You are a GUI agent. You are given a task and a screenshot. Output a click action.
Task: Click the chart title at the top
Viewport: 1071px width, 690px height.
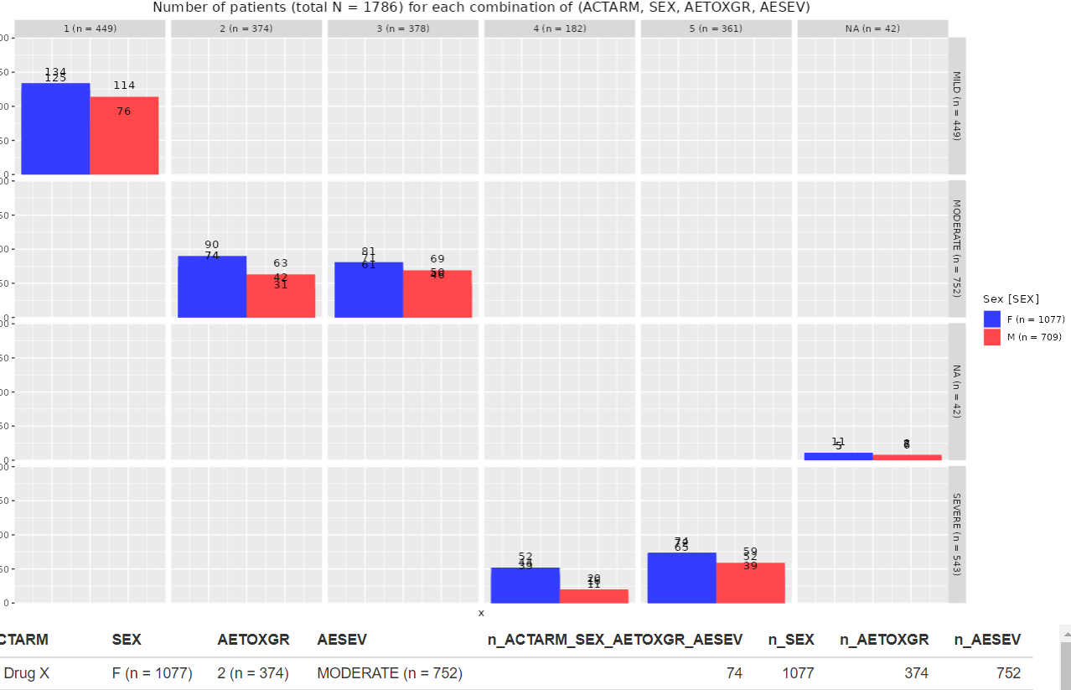pyautogui.click(x=481, y=8)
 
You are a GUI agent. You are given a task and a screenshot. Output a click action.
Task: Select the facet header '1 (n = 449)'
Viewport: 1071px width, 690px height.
pyautogui.click(x=90, y=29)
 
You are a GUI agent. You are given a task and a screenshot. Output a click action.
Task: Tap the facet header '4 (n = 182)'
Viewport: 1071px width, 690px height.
pyautogui.click(x=559, y=29)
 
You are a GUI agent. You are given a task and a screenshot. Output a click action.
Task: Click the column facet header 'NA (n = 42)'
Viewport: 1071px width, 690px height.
pyautogui.click(x=872, y=29)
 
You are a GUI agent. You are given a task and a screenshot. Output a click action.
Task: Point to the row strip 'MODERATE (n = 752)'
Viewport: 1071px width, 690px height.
pyautogui.click(x=957, y=249)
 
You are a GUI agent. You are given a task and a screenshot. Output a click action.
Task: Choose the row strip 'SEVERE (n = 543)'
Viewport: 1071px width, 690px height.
pyautogui.click(x=957, y=534)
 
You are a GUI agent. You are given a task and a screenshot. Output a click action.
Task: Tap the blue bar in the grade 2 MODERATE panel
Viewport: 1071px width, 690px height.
pyautogui.click(x=212, y=287)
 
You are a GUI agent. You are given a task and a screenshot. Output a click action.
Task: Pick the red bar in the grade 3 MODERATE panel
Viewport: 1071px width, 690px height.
pyautogui.click(x=437, y=294)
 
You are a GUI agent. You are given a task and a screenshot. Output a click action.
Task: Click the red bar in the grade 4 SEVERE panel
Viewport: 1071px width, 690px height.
pyautogui.click(x=593, y=596)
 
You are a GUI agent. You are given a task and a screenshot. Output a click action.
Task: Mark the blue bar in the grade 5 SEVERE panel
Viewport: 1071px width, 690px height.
pyautogui.click(x=681, y=578)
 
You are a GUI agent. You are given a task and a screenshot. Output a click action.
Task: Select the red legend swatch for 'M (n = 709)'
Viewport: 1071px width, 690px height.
pyautogui.click(x=992, y=337)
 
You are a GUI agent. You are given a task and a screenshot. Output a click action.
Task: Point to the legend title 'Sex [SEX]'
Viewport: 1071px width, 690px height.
pyautogui.click(x=1011, y=298)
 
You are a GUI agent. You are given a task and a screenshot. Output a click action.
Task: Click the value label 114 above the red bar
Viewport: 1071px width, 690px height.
pyautogui.click(x=124, y=86)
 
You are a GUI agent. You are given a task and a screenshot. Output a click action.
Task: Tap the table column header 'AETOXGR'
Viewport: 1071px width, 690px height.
pyautogui.click(x=253, y=640)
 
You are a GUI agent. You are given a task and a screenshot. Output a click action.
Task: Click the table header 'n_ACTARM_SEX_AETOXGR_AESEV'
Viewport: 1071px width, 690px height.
pyautogui.click(x=615, y=640)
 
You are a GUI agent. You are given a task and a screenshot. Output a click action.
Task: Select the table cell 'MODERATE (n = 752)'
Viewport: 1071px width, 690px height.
pyautogui.click(x=390, y=673)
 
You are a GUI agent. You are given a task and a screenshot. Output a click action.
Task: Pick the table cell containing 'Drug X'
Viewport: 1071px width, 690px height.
pyautogui.click(x=27, y=673)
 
